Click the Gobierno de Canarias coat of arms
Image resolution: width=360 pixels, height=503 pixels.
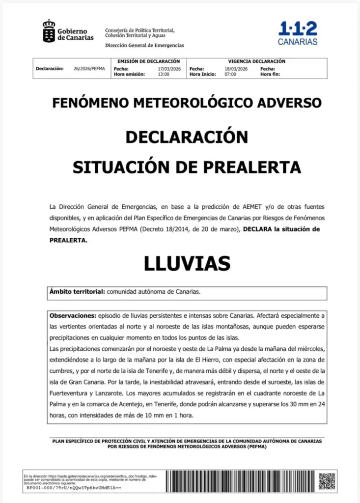[49, 31]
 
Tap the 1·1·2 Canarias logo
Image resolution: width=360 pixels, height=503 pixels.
[298, 33]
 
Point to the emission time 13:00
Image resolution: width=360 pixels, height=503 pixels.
[164, 74]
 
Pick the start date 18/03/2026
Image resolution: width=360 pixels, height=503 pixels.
[235, 69]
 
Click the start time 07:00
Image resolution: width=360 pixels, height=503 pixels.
[230, 74]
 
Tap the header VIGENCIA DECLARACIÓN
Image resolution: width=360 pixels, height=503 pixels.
[256, 61]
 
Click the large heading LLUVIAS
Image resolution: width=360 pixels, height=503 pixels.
[187, 264]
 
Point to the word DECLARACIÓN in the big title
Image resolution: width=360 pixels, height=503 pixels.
[187, 137]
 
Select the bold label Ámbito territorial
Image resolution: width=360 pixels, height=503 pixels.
[77, 292]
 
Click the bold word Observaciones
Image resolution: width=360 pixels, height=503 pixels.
[72, 314]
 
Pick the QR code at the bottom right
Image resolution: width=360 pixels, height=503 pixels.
[327, 481]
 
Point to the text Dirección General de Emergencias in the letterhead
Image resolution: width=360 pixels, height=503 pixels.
[144, 46]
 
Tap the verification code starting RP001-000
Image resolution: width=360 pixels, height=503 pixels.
[74, 488]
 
